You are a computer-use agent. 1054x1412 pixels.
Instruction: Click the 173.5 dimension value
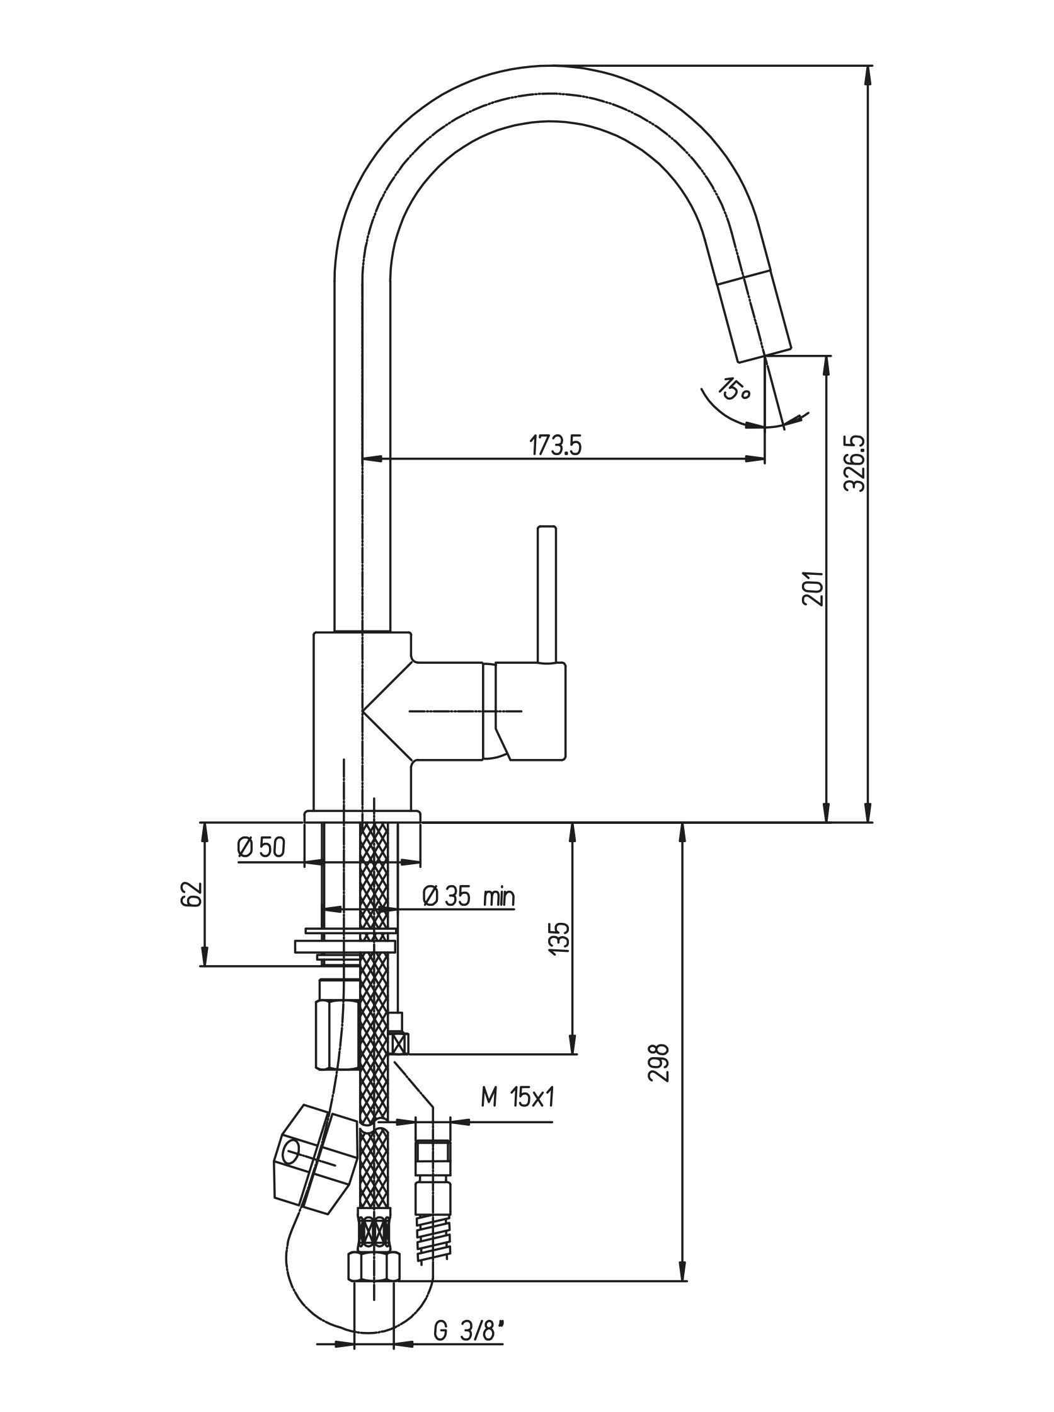click(x=555, y=446)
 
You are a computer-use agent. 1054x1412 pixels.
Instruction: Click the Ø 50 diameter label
click(x=261, y=847)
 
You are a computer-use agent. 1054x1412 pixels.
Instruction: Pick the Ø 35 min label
click(x=469, y=897)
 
